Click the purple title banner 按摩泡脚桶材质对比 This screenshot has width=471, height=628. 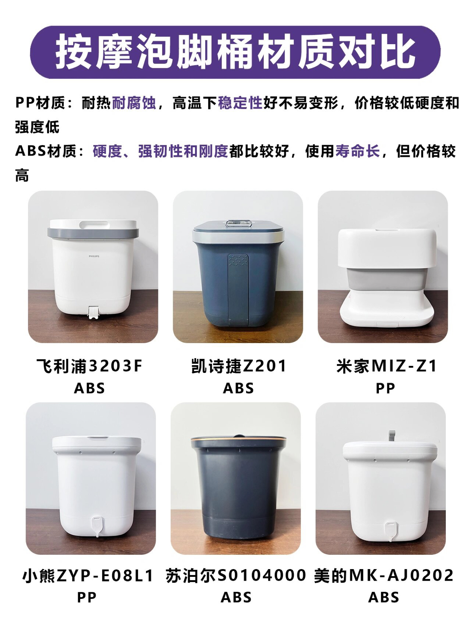(x=235, y=52)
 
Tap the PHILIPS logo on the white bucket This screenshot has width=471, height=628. (x=94, y=256)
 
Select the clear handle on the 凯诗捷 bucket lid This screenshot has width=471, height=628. (x=239, y=223)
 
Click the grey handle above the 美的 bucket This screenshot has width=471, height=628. (x=392, y=436)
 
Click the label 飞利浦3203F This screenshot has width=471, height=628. (x=90, y=366)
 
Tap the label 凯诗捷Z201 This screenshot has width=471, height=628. (x=239, y=366)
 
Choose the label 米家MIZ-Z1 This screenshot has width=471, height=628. (x=387, y=366)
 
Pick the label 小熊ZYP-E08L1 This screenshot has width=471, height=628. (x=88, y=575)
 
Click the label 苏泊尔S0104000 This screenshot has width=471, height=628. (x=236, y=575)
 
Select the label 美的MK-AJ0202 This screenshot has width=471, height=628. (x=384, y=575)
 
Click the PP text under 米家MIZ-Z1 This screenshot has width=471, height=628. (x=385, y=388)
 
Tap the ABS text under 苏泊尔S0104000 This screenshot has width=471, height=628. (x=236, y=598)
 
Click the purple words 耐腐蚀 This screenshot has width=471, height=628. (x=134, y=103)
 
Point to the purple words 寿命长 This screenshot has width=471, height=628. (x=358, y=151)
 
